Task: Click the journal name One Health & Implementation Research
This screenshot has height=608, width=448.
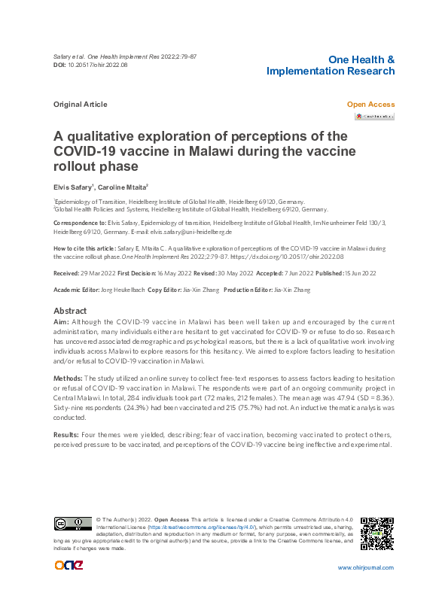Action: [331, 65]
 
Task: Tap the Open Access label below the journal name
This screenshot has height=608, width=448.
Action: [370, 105]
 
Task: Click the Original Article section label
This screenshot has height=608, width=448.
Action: [81, 105]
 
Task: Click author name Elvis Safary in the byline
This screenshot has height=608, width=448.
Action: [72, 187]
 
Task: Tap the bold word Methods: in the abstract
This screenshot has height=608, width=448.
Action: [68, 378]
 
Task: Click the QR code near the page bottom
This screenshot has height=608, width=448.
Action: [377, 534]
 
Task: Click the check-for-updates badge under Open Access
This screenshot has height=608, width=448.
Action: [374, 117]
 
